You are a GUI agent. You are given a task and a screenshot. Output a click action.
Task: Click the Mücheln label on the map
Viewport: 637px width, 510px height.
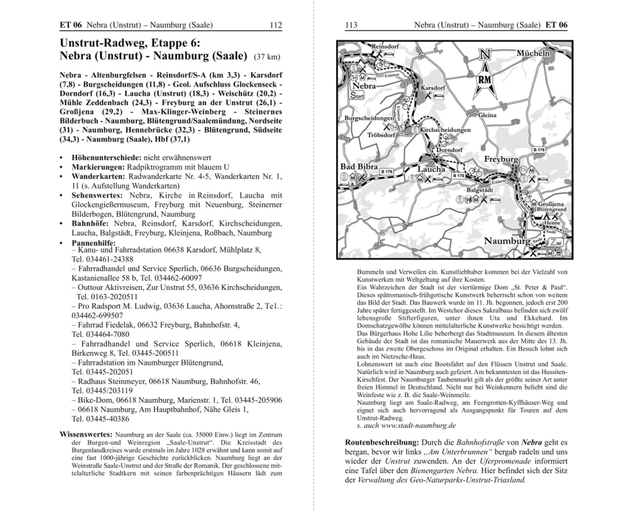[x=533, y=53]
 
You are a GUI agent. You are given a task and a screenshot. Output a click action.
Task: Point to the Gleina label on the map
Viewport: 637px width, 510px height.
[x=487, y=115]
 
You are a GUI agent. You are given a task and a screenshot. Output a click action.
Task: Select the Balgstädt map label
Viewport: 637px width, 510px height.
[x=481, y=190]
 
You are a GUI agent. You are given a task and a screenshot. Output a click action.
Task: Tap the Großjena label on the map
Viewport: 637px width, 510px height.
[x=552, y=203]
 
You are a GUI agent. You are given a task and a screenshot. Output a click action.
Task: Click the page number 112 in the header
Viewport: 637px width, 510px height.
[x=275, y=25]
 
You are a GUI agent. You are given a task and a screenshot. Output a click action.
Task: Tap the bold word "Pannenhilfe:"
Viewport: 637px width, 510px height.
[x=85, y=244]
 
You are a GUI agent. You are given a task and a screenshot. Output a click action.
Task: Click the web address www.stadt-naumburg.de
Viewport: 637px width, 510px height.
[x=411, y=424]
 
